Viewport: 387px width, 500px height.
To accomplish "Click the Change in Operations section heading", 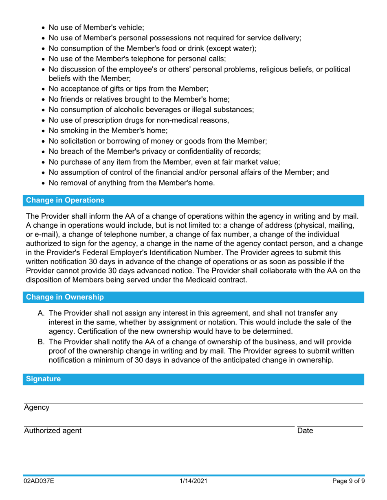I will [x=65, y=200].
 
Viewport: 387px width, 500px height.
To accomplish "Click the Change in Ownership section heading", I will [x=65, y=297].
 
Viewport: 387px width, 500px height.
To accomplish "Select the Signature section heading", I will [x=44, y=379].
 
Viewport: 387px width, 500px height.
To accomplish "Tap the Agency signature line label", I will [x=36, y=408].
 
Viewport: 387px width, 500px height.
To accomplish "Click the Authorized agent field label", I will [x=52, y=431].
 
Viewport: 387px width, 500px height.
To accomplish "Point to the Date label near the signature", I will [x=305, y=431].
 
